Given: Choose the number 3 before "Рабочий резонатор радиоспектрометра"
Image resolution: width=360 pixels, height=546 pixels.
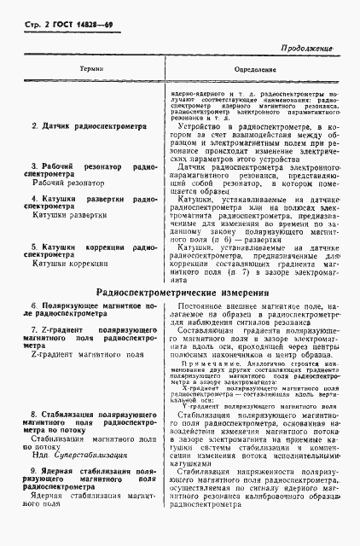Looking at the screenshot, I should (32, 165).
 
